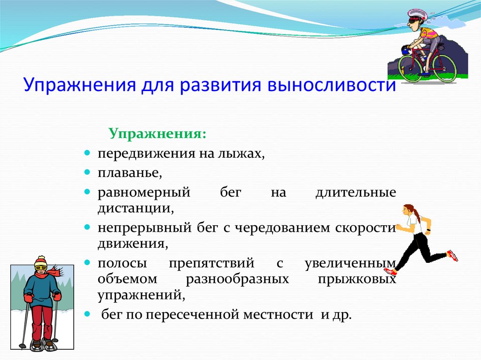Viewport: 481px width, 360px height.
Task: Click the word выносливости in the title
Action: (x=332, y=84)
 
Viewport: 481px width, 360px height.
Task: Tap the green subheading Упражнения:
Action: (x=157, y=134)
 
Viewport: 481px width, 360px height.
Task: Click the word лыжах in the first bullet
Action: (x=241, y=153)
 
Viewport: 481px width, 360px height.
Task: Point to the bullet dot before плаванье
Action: (x=87, y=172)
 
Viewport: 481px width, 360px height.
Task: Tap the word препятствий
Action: (x=212, y=263)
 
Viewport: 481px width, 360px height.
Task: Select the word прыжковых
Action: (x=357, y=280)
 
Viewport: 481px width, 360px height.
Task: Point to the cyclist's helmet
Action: (x=418, y=14)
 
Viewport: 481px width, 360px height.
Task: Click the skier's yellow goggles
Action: (x=41, y=268)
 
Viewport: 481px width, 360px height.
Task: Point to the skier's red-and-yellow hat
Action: (x=40, y=261)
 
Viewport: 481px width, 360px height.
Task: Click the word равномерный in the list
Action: (x=144, y=192)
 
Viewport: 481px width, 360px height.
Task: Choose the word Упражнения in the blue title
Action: (x=79, y=85)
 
